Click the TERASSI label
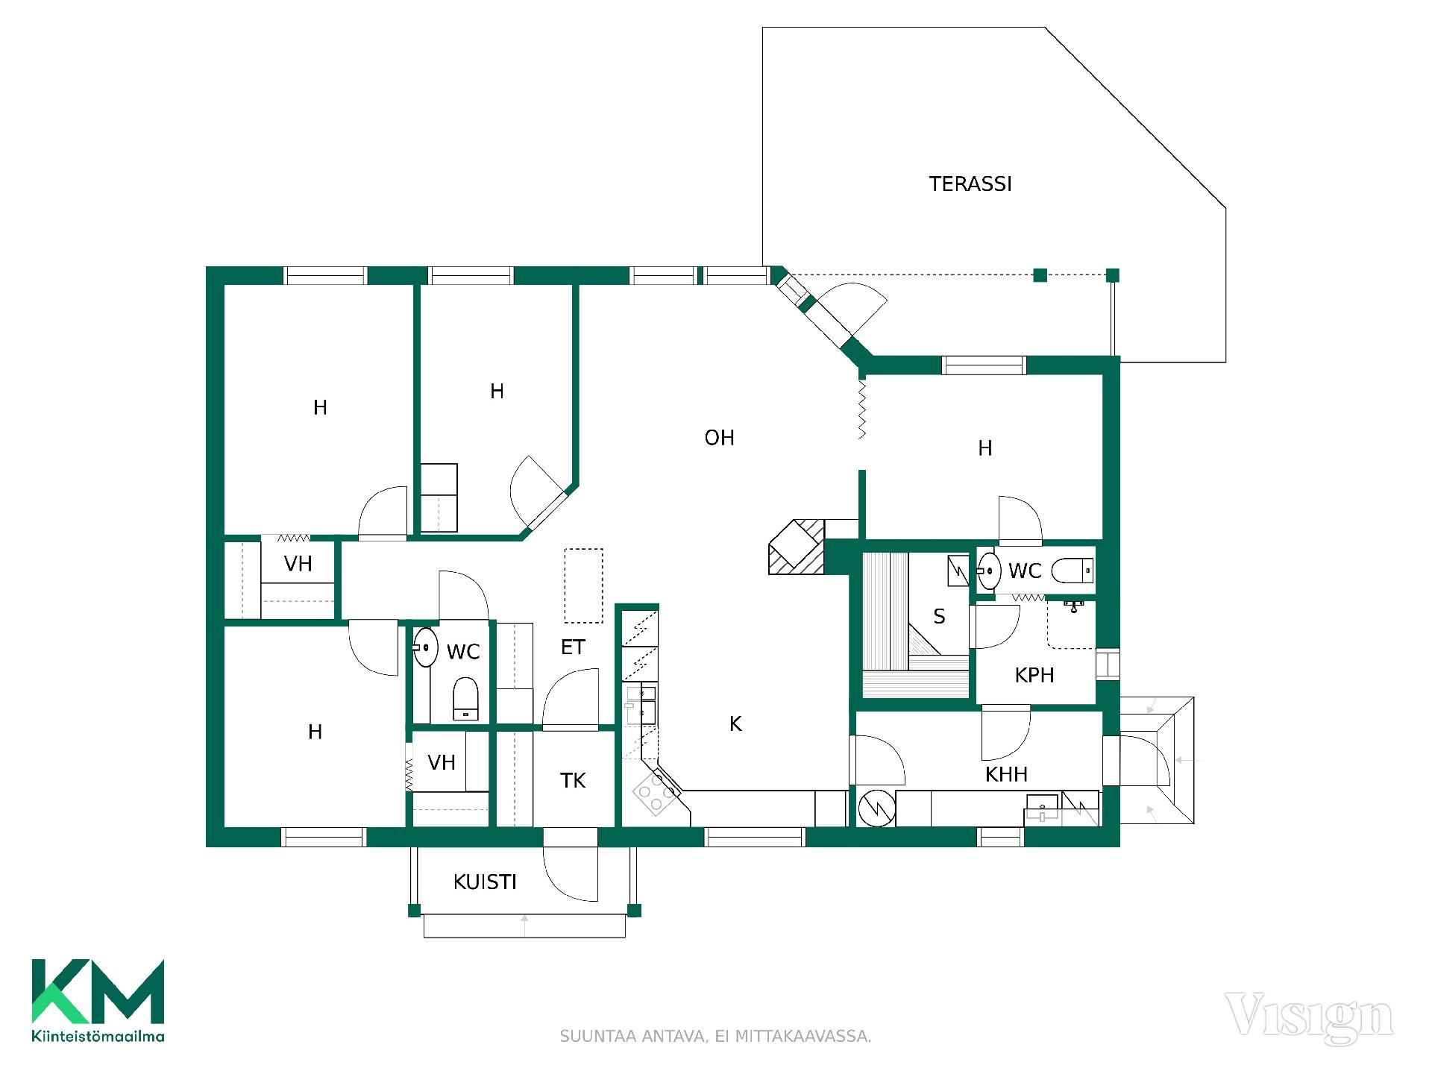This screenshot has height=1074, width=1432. click(970, 184)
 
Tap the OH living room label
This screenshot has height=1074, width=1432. click(719, 438)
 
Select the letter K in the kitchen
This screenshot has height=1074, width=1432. click(735, 723)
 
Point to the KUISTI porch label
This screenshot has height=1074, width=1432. click(485, 882)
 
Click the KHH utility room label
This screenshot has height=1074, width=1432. click(1006, 774)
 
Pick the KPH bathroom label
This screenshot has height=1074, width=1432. click(1034, 676)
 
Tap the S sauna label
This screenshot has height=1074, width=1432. click(939, 617)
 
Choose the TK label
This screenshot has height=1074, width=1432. click(573, 781)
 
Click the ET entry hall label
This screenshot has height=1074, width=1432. click(573, 647)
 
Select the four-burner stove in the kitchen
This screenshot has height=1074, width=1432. click(655, 794)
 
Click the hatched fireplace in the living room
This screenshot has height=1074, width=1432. click(797, 546)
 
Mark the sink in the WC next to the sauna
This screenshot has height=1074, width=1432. click(989, 571)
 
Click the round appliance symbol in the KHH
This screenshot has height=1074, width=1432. click(876, 808)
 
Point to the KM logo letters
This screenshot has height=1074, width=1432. click(98, 991)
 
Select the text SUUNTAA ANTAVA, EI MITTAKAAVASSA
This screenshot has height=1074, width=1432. click(715, 1037)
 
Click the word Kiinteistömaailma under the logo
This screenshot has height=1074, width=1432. click(98, 1036)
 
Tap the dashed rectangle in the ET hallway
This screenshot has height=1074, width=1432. click(583, 585)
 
